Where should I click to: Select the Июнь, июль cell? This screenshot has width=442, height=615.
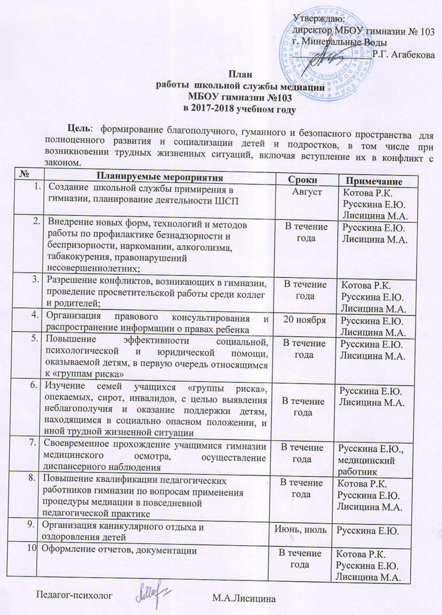click(x=300, y=529)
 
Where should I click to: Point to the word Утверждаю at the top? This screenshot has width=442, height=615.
click(x=313, y=17)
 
